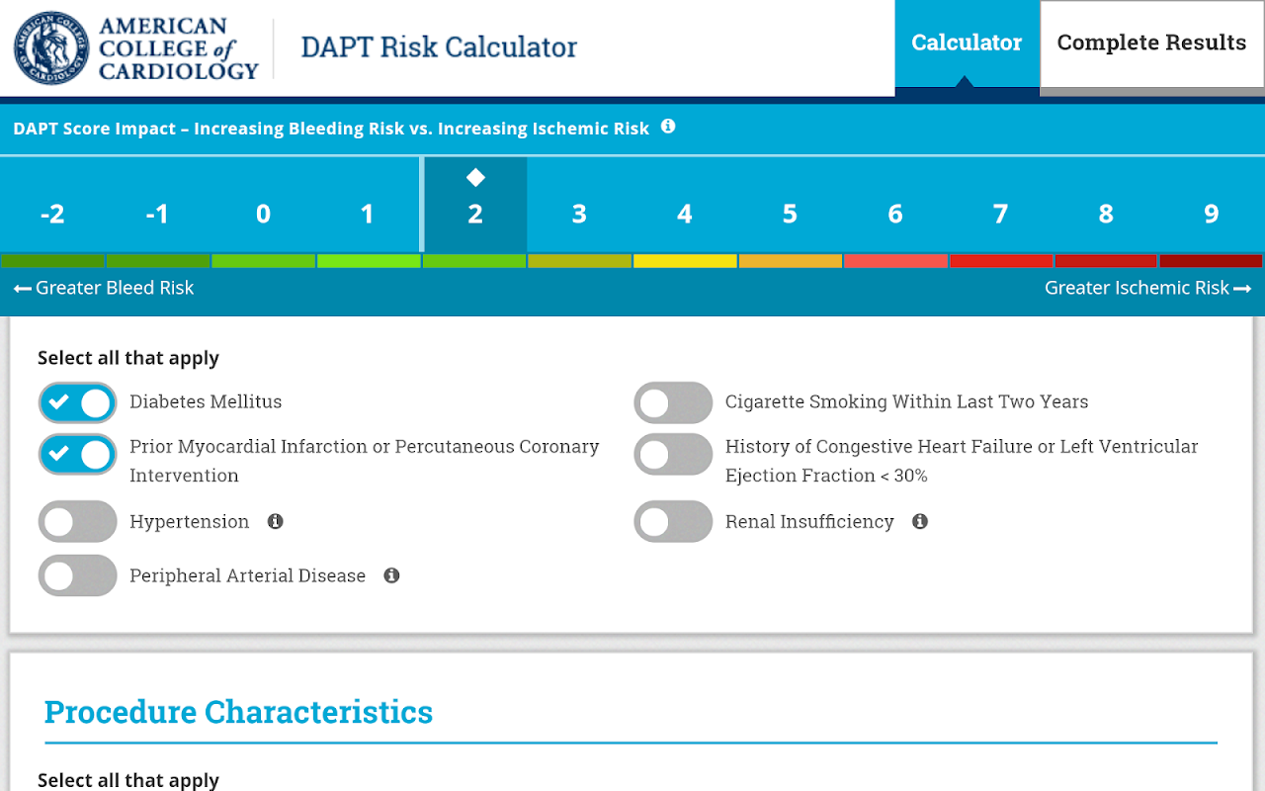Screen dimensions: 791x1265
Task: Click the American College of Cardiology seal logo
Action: (51, 47)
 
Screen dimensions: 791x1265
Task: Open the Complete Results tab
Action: (1151, 44)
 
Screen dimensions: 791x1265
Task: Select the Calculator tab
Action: (967, 44)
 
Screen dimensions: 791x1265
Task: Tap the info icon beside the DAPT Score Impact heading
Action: (668, 127)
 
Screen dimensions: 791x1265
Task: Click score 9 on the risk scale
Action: (1211, 214)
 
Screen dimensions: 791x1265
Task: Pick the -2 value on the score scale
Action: (52, 214)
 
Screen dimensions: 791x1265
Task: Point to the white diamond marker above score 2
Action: (475, 178)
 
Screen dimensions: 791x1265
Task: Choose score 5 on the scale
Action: (790, 214)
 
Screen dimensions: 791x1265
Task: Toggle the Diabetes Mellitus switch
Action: (78, 402)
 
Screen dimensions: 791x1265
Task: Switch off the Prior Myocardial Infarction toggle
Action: (78, 455)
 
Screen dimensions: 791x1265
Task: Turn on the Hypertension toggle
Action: (78, 522)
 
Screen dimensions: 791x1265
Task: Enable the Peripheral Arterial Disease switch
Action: (78, 575)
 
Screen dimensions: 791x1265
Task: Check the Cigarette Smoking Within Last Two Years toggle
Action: (673, 402)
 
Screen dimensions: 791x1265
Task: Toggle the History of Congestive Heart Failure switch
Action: (673, 455)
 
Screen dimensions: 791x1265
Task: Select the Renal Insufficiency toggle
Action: (673, 522)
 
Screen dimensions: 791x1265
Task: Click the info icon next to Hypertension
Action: (276, 521)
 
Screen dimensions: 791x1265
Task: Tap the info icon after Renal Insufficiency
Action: (920, 521)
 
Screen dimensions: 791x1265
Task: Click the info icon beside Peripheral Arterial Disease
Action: (391, 575)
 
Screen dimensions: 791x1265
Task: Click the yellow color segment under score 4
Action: (685, 261)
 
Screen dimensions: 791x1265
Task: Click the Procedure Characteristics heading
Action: (238, 712)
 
